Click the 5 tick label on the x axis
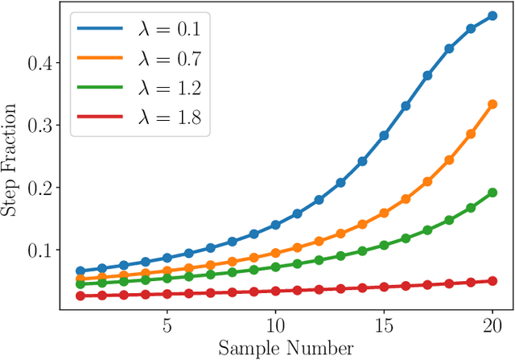pyautogui.click(x=167, y=328)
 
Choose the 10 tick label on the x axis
pyautogui.click(x=275, y=328)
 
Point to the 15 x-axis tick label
pyautogui.click(x=384, y=328)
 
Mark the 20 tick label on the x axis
pyautogui.click(x=492, y=328)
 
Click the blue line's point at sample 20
pyautogui.click(x=492, y=16)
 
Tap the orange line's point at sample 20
pyautogui.click(x=492, y=104)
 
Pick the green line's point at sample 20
pyautogui.click(x=492, y=192)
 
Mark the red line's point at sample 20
pyautogui.click(x=492, y=281)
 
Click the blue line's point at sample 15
pyautogui.click(x=384, y=136)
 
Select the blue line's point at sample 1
pyautogui.click(x=80, y=271)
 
